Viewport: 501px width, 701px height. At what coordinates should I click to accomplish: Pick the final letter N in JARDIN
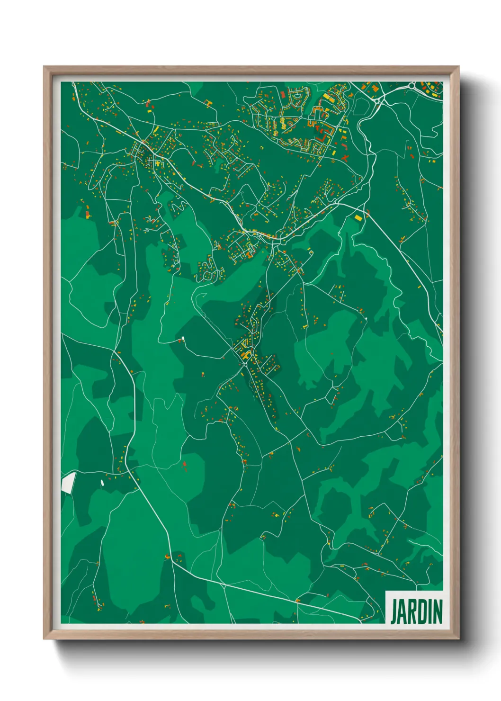[438, 612]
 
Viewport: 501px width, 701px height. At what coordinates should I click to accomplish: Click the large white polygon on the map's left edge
[68, 483]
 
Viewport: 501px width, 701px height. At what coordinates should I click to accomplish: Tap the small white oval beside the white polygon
[102, 483]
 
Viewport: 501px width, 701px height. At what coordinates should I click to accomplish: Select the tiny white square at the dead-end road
[182, 338]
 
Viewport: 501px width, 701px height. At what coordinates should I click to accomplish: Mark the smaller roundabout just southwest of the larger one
[377, 100]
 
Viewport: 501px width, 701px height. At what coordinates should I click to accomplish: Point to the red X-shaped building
[345, 157]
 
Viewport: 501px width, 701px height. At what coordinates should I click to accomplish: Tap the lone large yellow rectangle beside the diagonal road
[358, 217]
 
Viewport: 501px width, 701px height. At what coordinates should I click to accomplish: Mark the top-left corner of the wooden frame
[44, 67]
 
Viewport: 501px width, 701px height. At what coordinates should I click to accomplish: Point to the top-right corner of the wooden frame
[458, 67]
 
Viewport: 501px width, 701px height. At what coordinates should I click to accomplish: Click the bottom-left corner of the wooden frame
[44, 639]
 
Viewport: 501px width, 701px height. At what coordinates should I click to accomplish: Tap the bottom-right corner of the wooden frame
[458, 639]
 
